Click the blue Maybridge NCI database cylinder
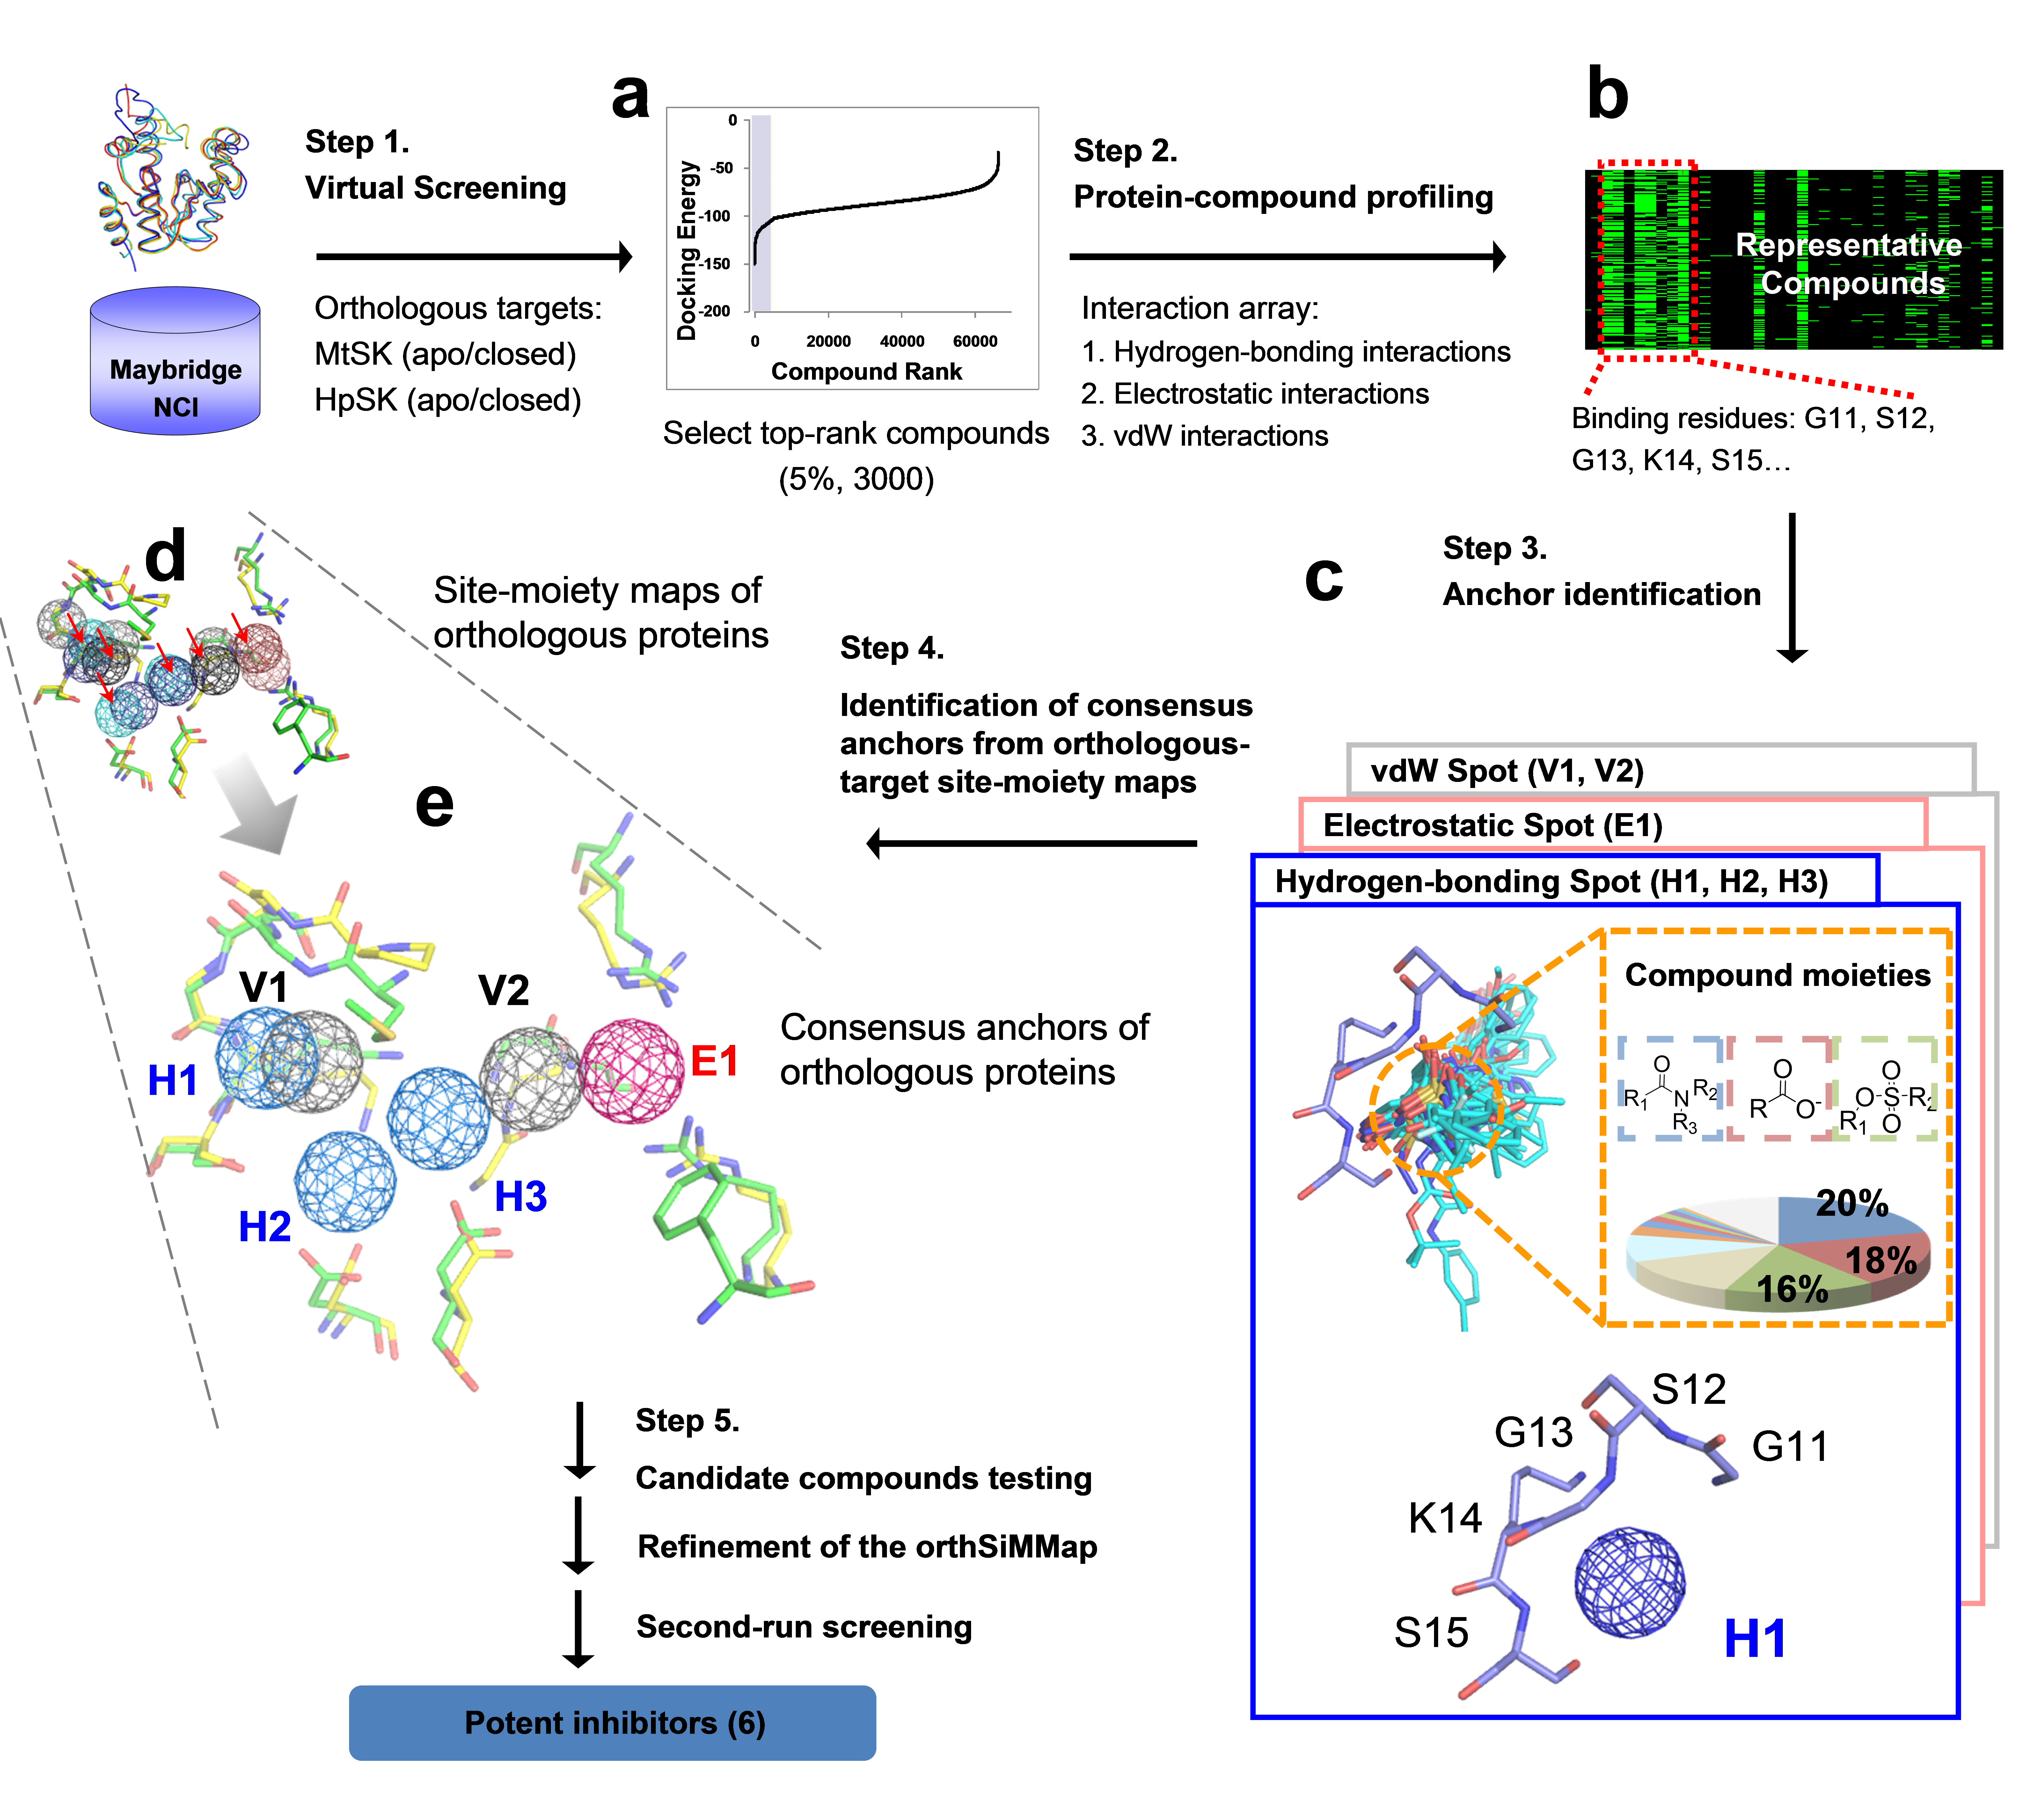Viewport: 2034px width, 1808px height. [x=175, y=363]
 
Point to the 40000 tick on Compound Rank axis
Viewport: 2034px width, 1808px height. [x=902, y=341]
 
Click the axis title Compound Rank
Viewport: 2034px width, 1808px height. [x=866, y=372]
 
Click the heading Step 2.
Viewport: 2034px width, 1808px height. [x=1125, y=151]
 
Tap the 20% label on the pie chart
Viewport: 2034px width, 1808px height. [x=1852, y=1203]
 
